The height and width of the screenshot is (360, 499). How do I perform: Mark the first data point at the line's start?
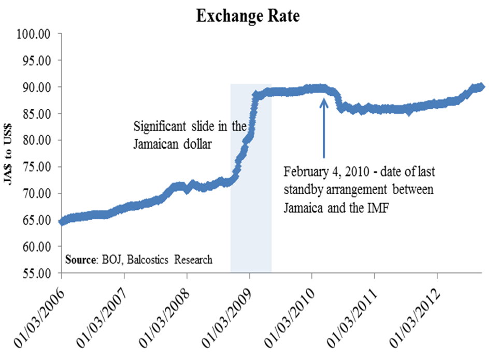(62, 221)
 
